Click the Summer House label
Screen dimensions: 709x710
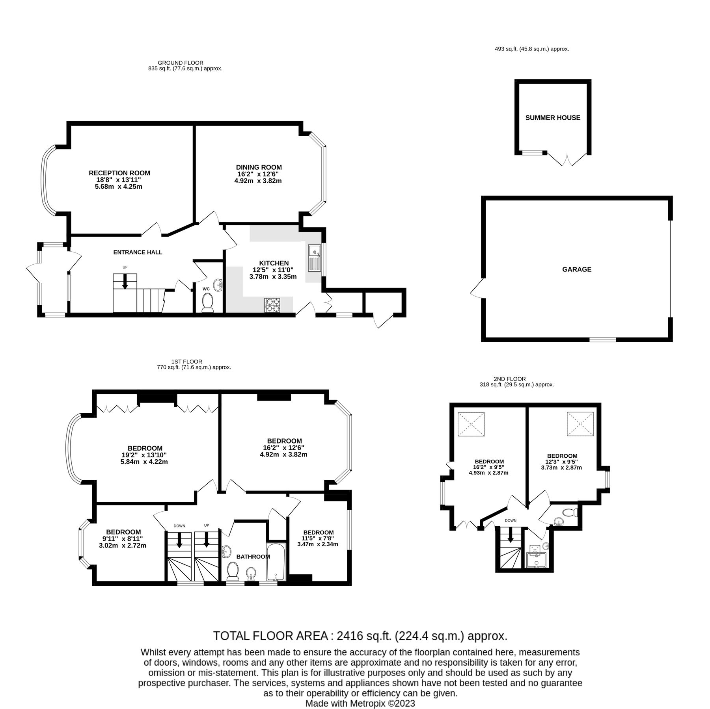pos(553,118)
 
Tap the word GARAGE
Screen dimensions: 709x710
pos(576,269)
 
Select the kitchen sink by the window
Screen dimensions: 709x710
pos(315,258)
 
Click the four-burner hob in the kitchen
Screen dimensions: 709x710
pos(272,306)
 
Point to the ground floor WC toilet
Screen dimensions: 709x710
pos(207,303)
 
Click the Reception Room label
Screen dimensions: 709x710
pos(119,173)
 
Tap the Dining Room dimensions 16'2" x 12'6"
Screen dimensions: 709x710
pos(259,174)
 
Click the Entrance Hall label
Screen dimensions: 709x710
pos(138,252)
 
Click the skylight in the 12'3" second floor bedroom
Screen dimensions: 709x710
pos(580,424)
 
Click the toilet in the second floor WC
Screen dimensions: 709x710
pos(570,512)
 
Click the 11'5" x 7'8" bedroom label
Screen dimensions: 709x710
pos(318,538)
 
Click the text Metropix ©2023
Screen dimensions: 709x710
pos(381,703)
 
